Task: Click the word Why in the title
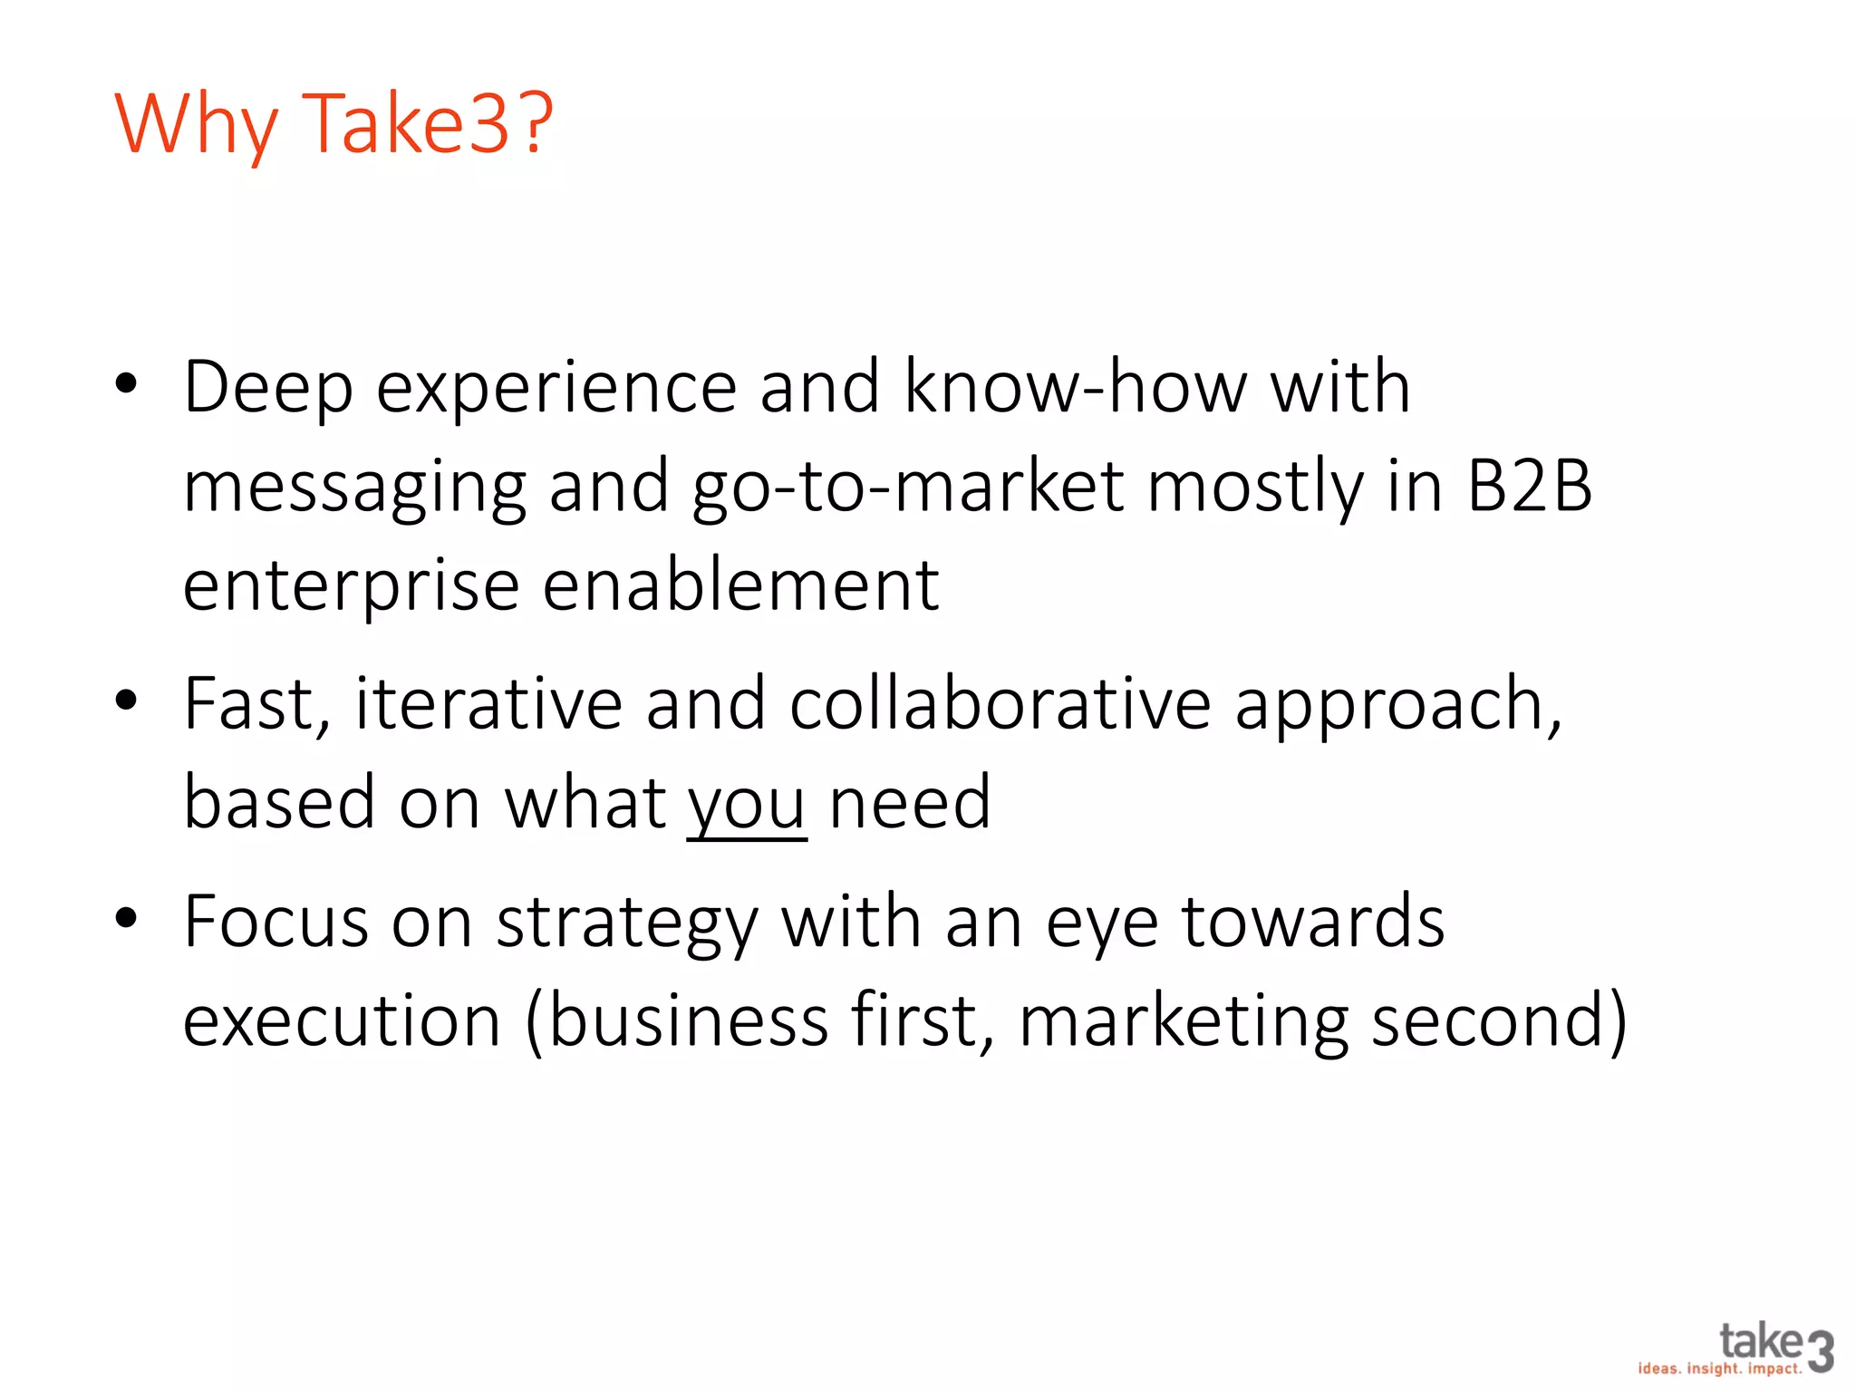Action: click(x=195, y=125)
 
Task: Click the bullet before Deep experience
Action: click(x=126, y=384)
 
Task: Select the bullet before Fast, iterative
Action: click(x=126, y=701)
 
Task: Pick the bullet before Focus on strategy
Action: click(x=126, y=918)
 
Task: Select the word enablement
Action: click(x=740, y=585)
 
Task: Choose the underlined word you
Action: click(x=747, y=806)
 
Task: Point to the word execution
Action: click(x=342, y=1020)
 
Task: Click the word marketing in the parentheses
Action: click(x=1183, y=1022)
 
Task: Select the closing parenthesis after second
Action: click(x=1615, y=1022)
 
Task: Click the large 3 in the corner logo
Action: click(x=1820, y=1351)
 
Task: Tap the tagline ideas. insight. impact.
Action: click(x=1719, y=1368)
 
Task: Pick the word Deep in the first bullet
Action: click(x=268, y=388)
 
